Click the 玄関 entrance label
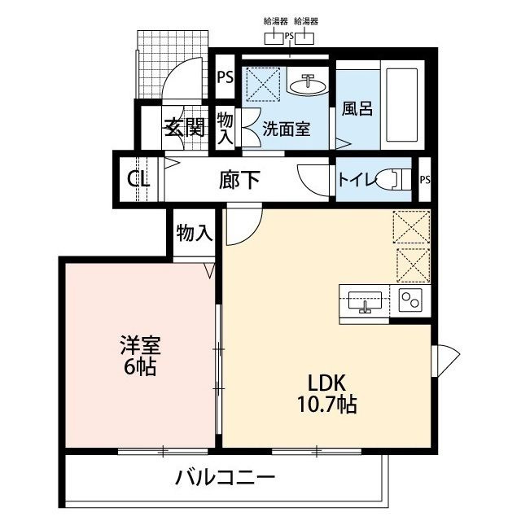(184, 127)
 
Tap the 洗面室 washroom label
(286, 128)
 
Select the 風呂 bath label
(357, 108)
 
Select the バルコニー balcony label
(225, 478)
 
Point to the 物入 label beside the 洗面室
(225, 128)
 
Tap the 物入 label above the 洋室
(194, 234)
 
